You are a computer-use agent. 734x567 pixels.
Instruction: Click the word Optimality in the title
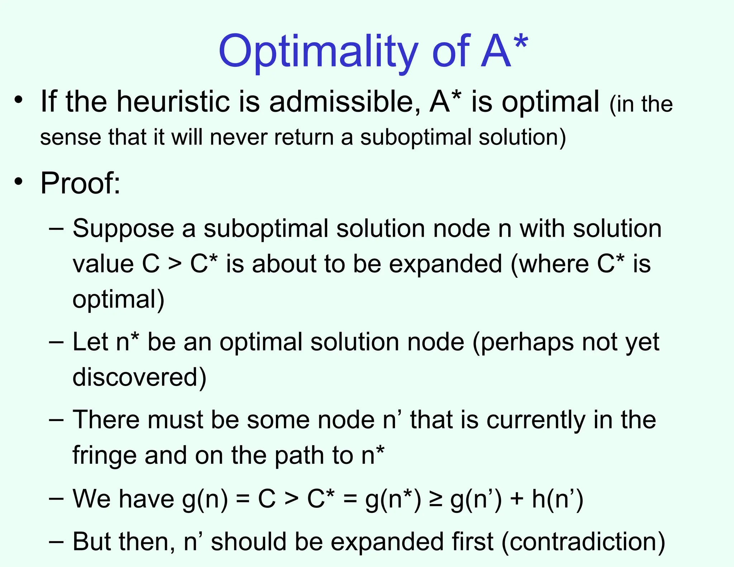tap(318, 52)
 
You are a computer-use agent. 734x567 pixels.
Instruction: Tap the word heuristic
tap(173, 102)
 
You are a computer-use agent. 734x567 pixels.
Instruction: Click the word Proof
tap(80, 184)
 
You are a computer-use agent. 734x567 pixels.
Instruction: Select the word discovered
tap(139, 377)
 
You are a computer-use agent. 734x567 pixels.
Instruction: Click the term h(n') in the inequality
tap(557, 499)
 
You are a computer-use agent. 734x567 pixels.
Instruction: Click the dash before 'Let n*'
tap(56, 341)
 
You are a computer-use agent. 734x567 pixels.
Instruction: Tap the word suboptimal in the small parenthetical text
tap(416, 138)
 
